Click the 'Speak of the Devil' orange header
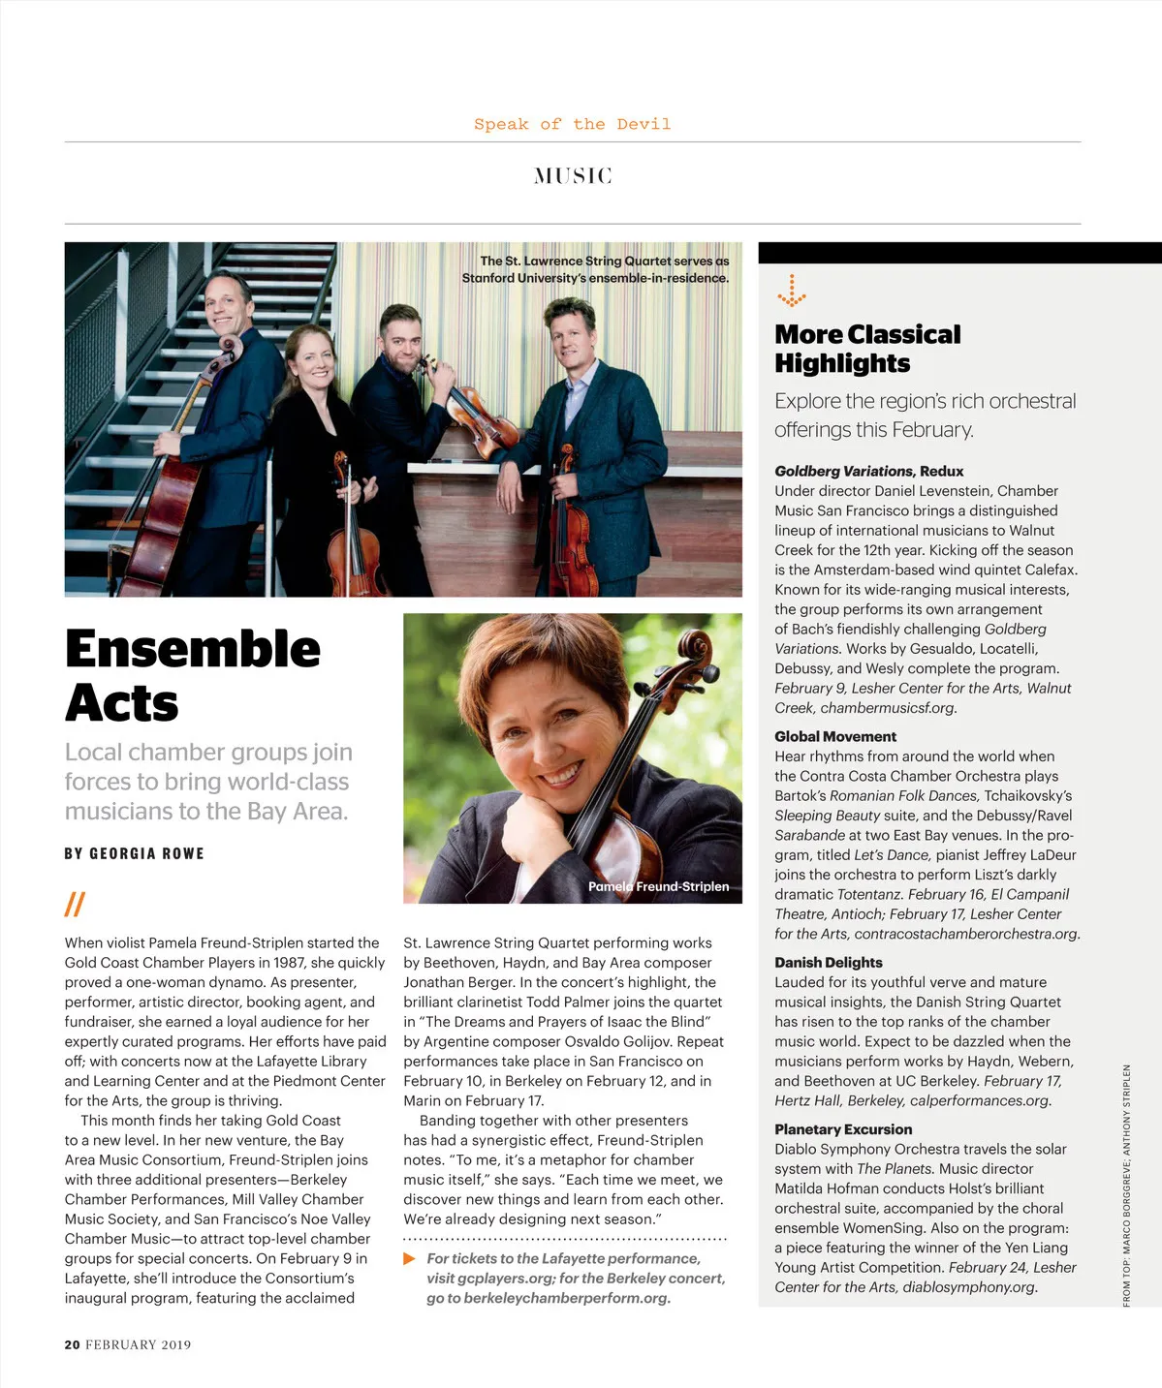coord(572,124)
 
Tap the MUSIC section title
coord(573,175)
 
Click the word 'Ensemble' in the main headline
coord(193,649)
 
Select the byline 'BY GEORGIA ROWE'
coord(134,853)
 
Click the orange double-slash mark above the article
coord(75,904)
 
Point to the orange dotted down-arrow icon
coord(792,291)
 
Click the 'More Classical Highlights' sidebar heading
coord(866,349)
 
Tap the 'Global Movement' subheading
coord(834,736)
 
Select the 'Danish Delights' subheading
coord(828,962)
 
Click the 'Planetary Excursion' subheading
coord(843,1128)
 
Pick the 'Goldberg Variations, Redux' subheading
coord(868,471)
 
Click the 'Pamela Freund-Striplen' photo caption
coord(658,886)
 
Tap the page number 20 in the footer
coord(72,1344)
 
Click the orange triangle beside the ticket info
coord(409,1258)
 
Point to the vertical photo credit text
coord(1126,1186)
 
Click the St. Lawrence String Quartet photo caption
coord(595,269)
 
